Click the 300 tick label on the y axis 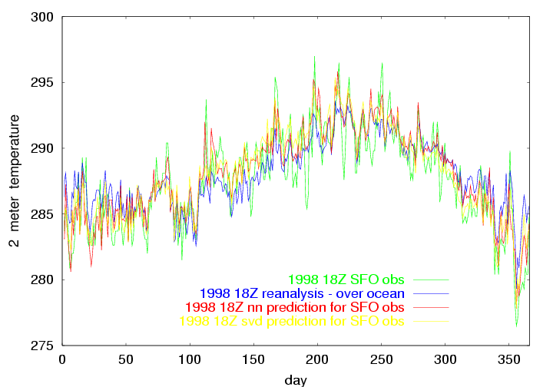tap(43, 17)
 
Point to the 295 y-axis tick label tap(43, 82)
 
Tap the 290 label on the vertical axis tap(43, 148)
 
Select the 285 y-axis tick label tap(43, 213)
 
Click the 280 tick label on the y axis tap(43, 279)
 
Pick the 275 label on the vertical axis tap(43, 345)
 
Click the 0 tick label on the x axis tap(62, 359)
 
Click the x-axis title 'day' tap(296, 379)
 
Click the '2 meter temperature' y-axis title tap(14, 181)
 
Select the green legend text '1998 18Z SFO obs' tap(346, 279)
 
